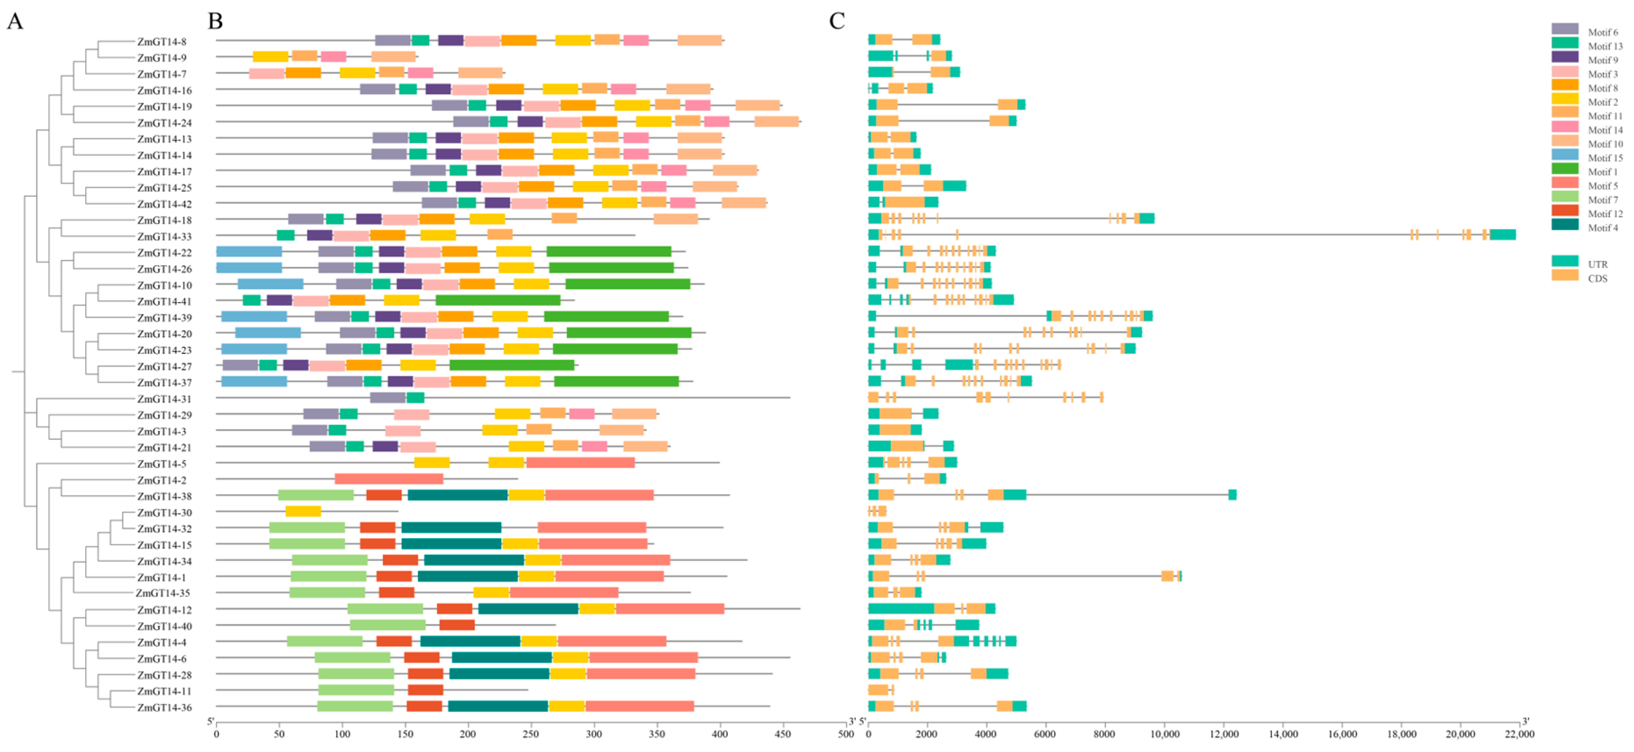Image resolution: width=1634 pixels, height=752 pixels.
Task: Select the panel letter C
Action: point(837,21)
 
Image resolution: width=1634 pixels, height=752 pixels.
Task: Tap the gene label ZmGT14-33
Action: point(164,236)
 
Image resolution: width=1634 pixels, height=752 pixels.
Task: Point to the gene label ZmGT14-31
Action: point(164,399)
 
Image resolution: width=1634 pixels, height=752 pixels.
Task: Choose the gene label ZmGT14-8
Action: point(162,42)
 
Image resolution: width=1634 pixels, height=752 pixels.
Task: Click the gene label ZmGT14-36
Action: point(164,708)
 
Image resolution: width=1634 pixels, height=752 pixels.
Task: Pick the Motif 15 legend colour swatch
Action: point(1565,157)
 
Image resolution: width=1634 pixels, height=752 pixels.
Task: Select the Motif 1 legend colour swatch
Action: point(1565,171)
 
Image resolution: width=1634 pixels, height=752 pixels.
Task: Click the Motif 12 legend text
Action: point(1605,214)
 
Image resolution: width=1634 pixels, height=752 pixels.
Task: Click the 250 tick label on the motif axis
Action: point(531,734)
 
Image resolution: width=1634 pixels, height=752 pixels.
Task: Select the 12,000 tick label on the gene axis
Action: point(1224,734)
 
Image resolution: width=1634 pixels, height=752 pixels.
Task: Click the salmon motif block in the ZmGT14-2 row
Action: point(389,479)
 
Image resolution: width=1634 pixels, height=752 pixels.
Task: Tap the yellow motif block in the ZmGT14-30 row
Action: point(303,511)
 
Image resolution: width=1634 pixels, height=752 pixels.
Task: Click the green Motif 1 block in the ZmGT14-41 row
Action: point(498,300)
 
